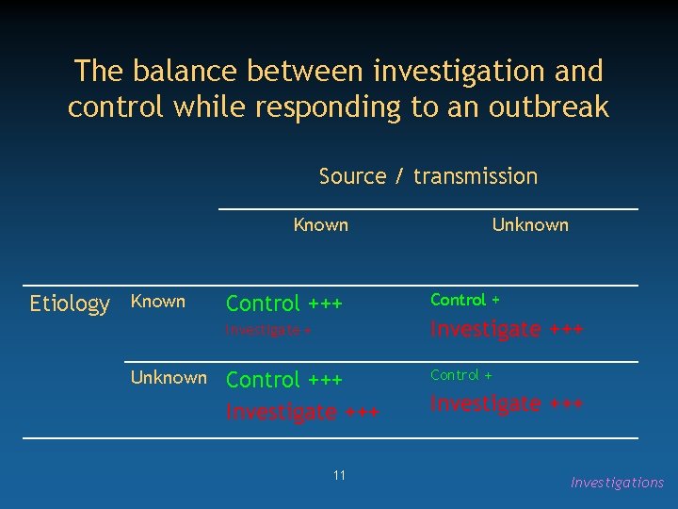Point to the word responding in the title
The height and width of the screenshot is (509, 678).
[327, 107]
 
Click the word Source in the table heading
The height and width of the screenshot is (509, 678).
[352, 176]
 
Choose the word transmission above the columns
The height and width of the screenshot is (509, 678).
[476, 176]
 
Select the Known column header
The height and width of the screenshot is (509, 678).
[321, 224]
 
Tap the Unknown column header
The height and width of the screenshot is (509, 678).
[530, 224]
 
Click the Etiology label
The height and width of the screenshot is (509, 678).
[70, 304]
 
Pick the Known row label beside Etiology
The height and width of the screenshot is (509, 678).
[157, 302]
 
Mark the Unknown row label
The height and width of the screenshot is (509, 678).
[169, 377]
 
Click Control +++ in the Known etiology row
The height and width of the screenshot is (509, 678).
[284, 304]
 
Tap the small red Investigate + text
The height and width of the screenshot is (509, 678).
[268, 330]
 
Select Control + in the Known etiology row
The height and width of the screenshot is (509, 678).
[465, 300]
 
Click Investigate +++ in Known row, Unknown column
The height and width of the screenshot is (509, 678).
[507, 329]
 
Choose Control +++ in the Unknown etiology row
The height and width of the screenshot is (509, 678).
[284, 380]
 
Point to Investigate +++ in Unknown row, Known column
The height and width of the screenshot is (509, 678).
[302, 412]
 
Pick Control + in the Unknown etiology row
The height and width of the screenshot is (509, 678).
[461, 375]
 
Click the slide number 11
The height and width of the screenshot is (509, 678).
[339, 475]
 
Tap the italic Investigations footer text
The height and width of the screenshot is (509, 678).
[617, 483]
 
